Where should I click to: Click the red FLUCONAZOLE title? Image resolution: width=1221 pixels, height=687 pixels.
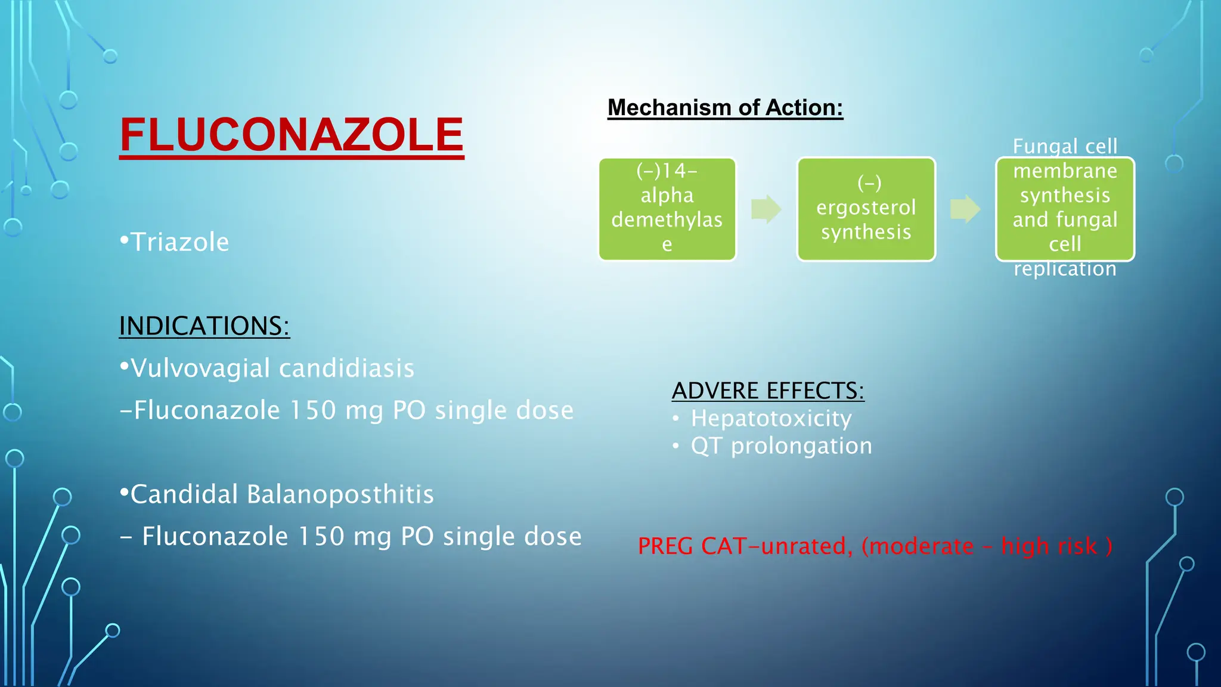[292, 135]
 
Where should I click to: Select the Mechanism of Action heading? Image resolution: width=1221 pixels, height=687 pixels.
[725, 108]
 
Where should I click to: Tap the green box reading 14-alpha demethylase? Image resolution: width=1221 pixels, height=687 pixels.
[667, 209]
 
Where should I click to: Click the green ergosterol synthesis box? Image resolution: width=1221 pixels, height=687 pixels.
[866, 209]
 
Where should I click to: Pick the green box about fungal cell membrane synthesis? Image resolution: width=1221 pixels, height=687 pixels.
[1065, 209]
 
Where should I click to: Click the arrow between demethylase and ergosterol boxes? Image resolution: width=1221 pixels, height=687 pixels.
[766, 209]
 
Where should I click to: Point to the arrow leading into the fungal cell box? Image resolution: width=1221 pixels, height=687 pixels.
[965, 209]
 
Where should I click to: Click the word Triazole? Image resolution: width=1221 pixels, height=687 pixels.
[179, 243]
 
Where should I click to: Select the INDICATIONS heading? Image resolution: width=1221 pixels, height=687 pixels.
[204, 326]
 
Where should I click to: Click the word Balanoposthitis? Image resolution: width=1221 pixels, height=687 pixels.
[340, 494]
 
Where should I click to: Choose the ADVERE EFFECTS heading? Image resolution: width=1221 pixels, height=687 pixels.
[768, 391]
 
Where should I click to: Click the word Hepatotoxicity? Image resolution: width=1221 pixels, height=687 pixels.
[771, 419]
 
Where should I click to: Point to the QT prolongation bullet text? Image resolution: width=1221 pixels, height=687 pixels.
[781, 446]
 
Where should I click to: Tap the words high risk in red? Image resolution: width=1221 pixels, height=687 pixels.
[1049, 546]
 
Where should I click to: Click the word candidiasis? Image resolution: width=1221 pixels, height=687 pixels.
[346, 369]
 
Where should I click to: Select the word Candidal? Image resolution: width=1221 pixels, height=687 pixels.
[184, 494]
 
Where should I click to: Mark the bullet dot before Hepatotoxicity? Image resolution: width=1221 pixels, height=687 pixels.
[675, 419]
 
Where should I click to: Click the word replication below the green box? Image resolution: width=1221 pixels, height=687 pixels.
[1065, 270]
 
